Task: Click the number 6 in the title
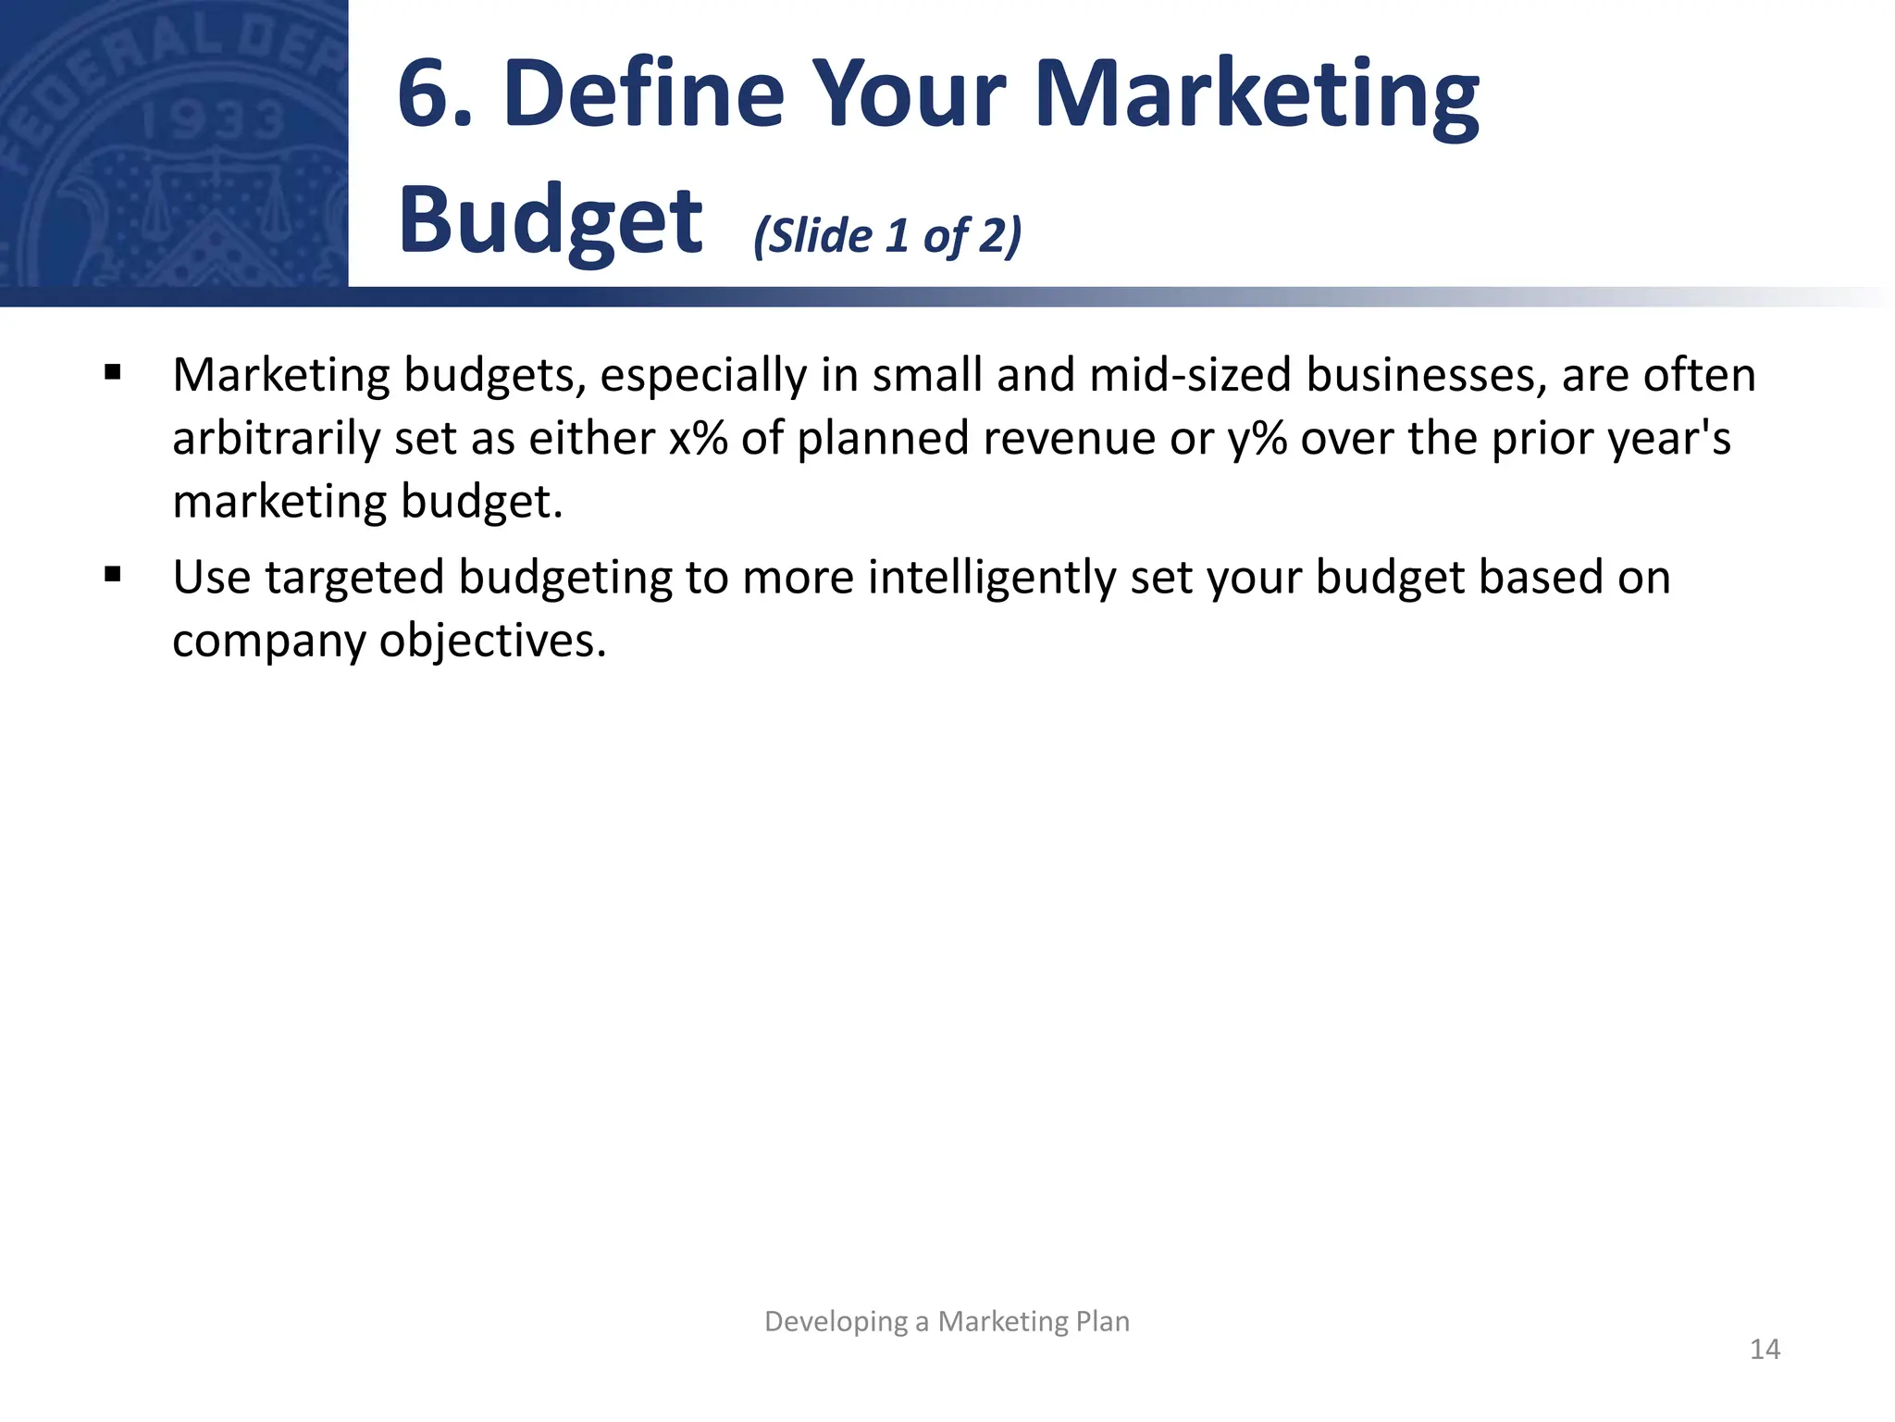pyautogui.click(x=427, y=94)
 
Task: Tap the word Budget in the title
pyautogui.click(x=551, y=222)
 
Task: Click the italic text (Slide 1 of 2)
pyautogui.click(x=887, y=236)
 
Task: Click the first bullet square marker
pyautogui.click(x=113, y=373)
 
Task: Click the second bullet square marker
pyautogui.click(x=113, y=575)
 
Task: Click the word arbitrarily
pyautogui.click(x=276, y=440)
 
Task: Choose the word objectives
pyautogui.click(x=492, y=641)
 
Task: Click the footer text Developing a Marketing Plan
pyautogui.click(x=947, y=1321)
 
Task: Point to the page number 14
pyautogui.click(x=1765, y=1350)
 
